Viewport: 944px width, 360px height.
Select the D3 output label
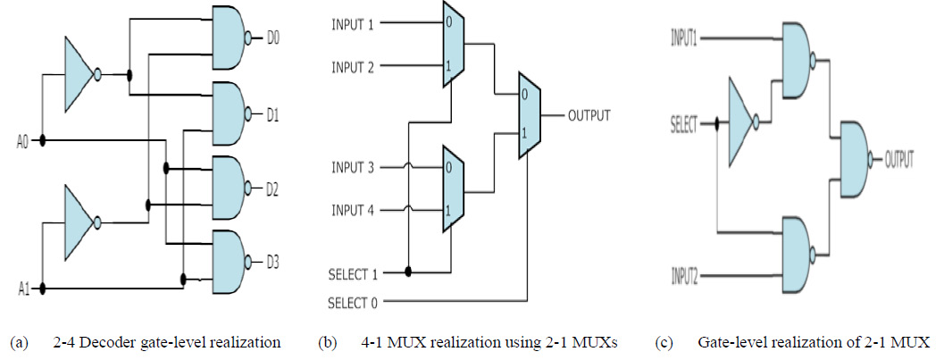[x=272, y=262]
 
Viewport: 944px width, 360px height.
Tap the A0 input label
[x=24, y=141]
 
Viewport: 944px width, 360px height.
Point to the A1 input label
[x=24, y=289]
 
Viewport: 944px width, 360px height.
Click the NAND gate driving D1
[x=230, y=114]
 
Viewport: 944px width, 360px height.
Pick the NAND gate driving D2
[x=230, y=188]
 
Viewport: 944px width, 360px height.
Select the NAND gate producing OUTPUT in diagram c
[x=850, y=161]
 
